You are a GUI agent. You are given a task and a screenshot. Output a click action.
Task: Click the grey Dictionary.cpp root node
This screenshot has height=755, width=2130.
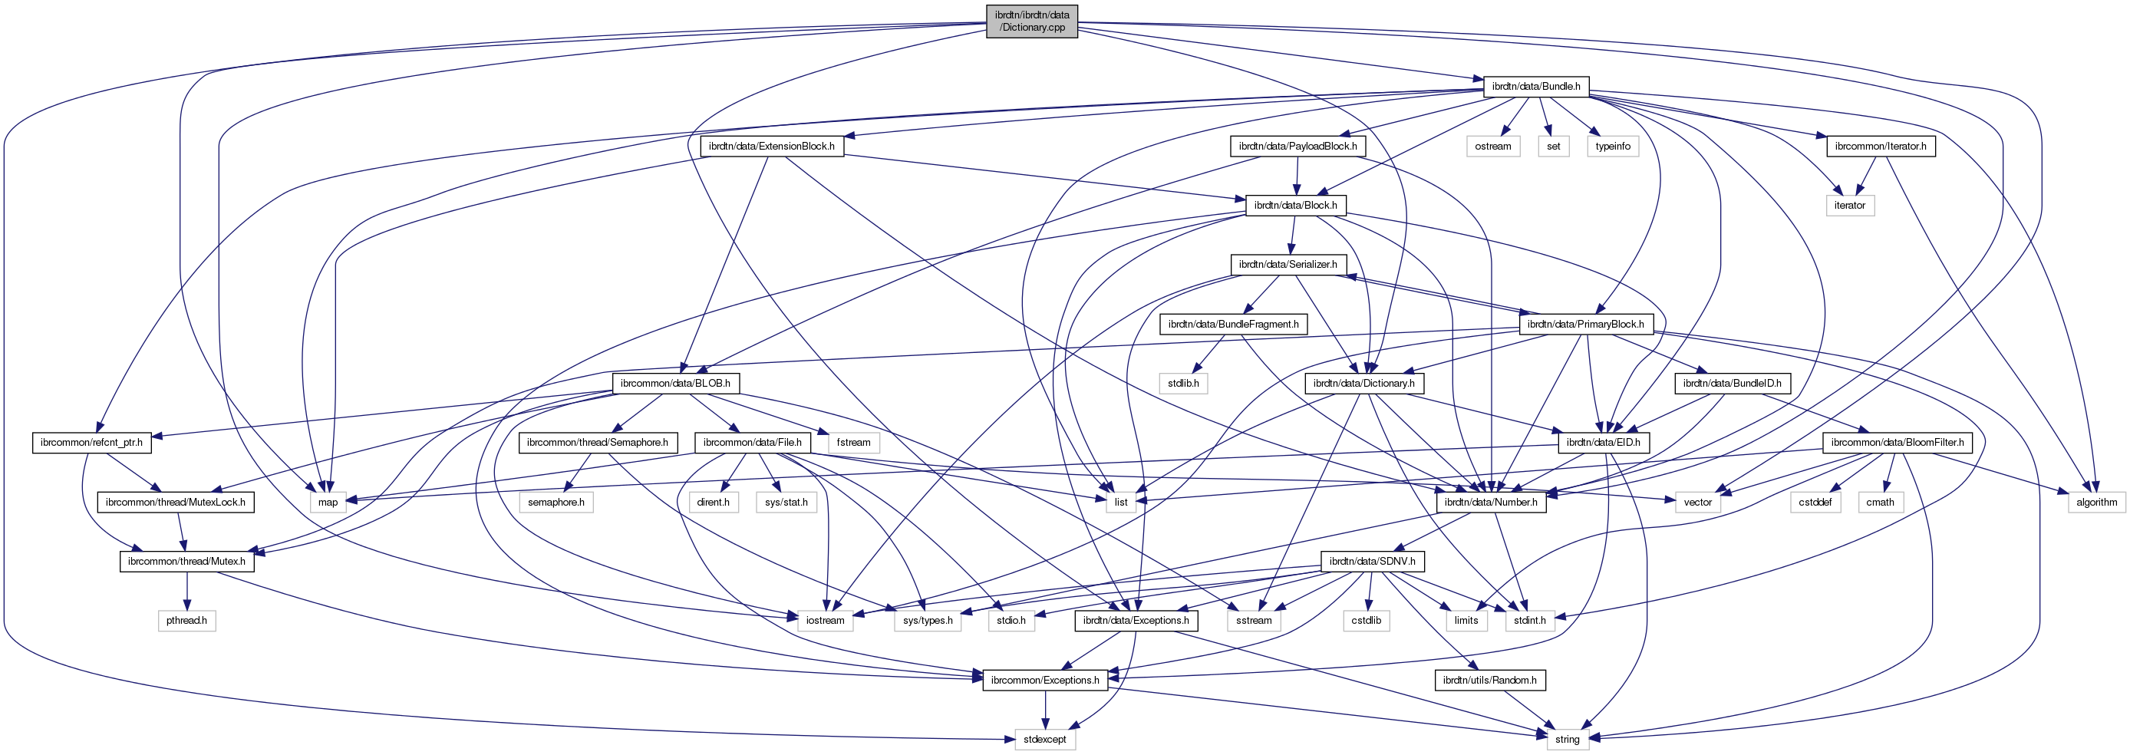[x=1031, y=21]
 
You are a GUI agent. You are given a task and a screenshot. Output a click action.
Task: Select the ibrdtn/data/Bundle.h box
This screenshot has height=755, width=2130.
[x=1535, y=86]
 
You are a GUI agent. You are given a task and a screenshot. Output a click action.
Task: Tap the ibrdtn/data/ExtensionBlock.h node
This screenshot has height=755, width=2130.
[x=771, y=147]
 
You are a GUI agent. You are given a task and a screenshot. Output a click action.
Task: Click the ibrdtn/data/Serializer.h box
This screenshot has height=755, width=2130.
[x=1288, y=265]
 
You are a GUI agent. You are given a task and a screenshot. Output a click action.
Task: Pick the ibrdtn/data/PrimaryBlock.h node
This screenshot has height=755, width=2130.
[x=1585, y=324]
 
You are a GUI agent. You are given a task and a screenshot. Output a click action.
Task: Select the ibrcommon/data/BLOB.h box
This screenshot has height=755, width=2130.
[x=674, y=384]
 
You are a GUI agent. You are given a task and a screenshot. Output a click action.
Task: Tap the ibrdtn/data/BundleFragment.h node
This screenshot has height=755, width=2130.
[x=1233, y=324]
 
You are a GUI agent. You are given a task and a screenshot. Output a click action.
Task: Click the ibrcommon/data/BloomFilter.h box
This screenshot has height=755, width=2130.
[x=1897, y=443]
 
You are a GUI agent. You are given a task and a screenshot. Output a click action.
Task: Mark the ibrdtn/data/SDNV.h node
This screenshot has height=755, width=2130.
[x=1372, y=562]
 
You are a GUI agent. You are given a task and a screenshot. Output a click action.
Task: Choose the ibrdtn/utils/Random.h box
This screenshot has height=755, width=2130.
[x=1489, y=681]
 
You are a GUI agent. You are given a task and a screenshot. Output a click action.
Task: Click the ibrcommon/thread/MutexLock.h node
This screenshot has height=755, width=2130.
[x=175, y=502]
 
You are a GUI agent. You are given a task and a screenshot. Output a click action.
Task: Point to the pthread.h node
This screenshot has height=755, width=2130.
[x=187, y=620]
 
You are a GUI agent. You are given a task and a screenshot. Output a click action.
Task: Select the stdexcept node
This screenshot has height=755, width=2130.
[x=1045, y=740]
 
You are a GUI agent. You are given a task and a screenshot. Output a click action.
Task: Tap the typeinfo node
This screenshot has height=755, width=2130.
[x=1612, y=147]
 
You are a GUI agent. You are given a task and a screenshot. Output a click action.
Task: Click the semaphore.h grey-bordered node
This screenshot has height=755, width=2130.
[x=556, y=502]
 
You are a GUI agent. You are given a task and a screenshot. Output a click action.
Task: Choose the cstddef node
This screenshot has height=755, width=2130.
[x=1815, y=502]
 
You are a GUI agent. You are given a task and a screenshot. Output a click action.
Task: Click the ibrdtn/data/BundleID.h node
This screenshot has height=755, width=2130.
[x=1733, y=384]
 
